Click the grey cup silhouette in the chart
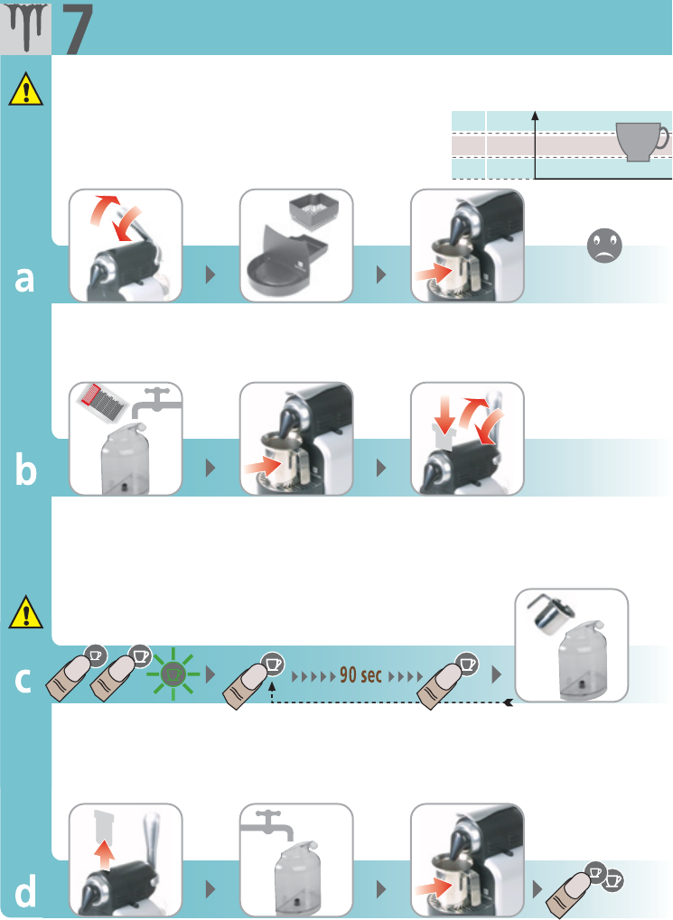click(642, 141)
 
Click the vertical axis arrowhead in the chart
click(536, 114)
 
